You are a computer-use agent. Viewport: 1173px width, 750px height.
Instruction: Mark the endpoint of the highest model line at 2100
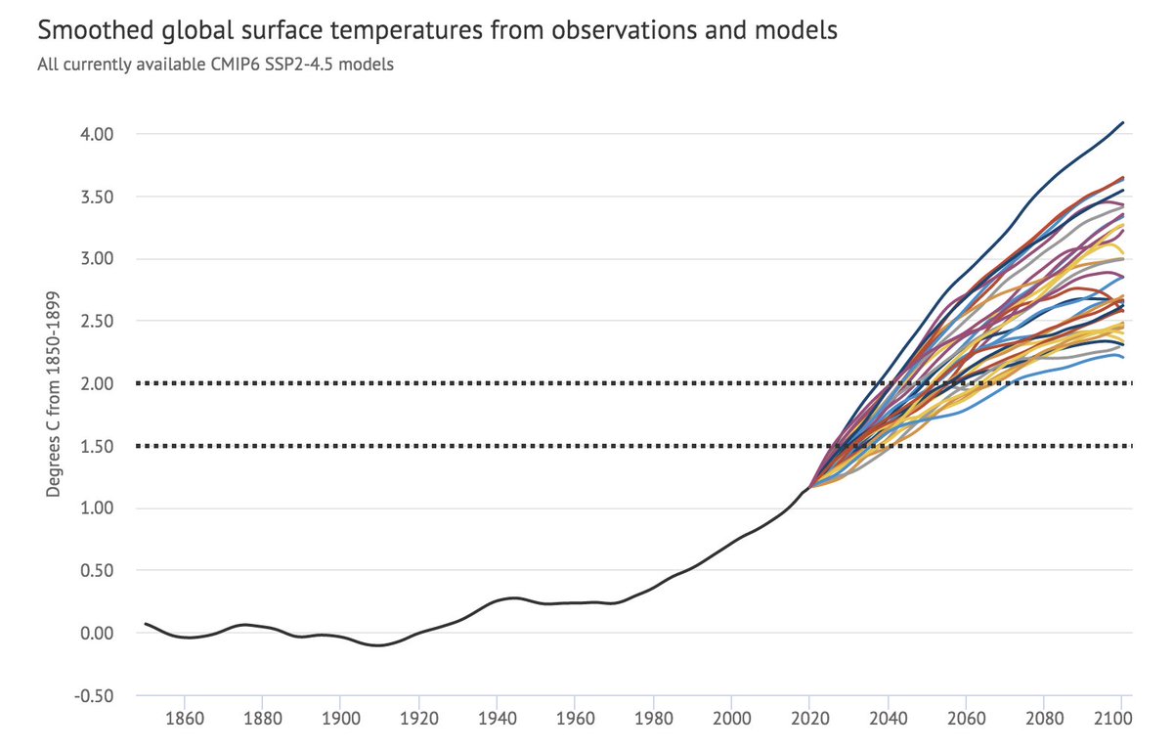click(1123, 122)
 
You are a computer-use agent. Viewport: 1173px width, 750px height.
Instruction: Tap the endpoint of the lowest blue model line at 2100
click(1123, 357)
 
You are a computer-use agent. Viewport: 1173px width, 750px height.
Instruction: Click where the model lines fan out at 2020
click(809, 485)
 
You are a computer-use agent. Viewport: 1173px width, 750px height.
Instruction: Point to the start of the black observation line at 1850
click(146, 623)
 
